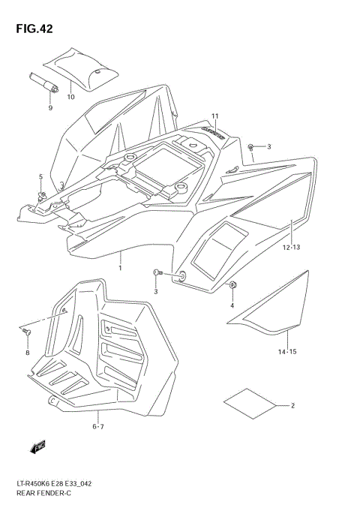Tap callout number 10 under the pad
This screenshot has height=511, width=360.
pos(70,97)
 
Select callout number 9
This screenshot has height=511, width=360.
pos(50,108)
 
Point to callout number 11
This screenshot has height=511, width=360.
pos(214,116)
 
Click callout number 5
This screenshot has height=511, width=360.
pos(41,176)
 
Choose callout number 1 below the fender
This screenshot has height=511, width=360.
pos(119,267)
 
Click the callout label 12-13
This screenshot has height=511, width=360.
pos(292,247)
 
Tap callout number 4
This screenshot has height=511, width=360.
pos(232,305)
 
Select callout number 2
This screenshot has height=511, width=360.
pos(293,406)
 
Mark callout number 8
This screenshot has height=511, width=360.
pos(27,353)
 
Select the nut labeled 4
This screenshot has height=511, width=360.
pos(233,285)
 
